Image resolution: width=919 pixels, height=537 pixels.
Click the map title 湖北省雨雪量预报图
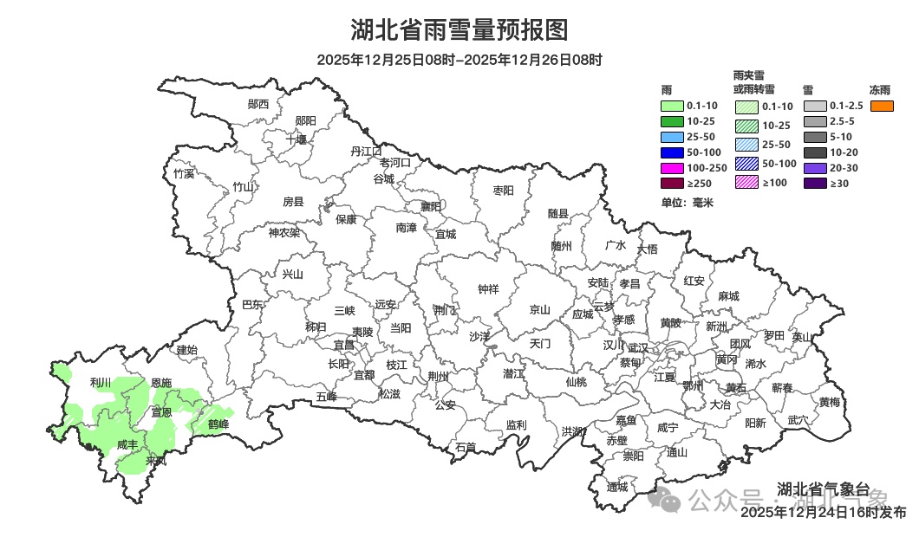459,30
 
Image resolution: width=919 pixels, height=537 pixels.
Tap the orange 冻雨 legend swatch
882,106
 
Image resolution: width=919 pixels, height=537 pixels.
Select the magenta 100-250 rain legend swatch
672,168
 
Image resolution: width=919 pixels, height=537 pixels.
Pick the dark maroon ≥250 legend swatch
672,184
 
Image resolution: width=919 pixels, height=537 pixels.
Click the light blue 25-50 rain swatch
672,137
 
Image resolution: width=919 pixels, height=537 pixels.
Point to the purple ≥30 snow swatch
815,184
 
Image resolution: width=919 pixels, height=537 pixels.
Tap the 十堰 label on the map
297,139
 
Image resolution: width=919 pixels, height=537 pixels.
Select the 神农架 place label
284,232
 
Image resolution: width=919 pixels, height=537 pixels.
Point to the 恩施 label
161,382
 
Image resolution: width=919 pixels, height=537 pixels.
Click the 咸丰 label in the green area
127,444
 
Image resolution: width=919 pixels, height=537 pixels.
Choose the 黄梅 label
829,402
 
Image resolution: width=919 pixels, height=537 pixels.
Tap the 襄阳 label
431,206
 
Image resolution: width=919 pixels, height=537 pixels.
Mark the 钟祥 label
489,289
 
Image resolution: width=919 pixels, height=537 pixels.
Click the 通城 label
617,486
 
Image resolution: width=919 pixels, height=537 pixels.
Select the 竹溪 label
184,173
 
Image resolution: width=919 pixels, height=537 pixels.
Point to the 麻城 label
728,295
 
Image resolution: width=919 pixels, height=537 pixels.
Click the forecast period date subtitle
459,60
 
